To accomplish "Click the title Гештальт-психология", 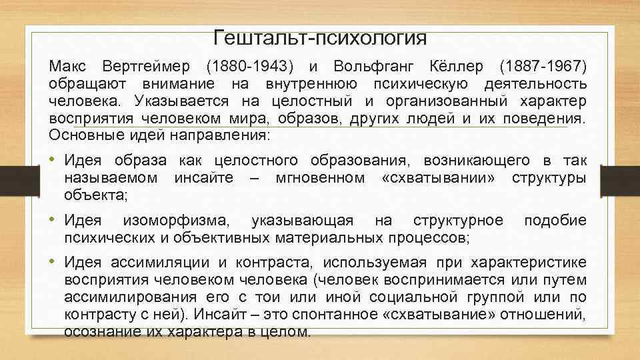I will (320, 37).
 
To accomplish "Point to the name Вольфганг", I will (383, 68).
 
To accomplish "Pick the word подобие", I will (555, 221).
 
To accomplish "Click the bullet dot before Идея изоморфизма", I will (53, 221).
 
